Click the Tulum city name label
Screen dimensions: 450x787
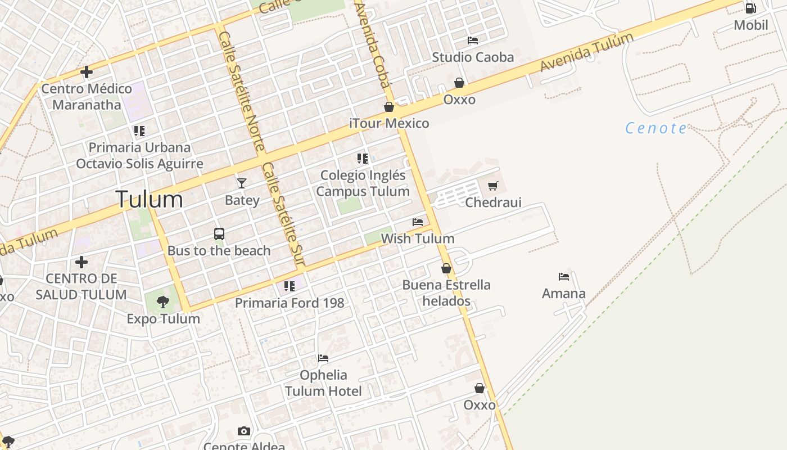(149, 200)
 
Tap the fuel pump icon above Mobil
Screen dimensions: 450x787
(750, 8)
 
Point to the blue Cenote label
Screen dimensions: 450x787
(656, 128)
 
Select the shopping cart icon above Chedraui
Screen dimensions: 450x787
(493, 186)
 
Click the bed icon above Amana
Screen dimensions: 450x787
(564, 276)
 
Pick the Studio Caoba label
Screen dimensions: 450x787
(473, 57)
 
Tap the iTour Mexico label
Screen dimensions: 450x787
(389, 123)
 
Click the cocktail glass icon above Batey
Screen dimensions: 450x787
(242, 183)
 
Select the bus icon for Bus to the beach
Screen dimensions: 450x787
(219, 234)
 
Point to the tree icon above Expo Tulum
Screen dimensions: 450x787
(163, 302)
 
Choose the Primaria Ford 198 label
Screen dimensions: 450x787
(290, 303)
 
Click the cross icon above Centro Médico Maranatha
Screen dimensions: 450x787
(87, 72)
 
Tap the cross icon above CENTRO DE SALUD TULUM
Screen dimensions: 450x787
(82, 262)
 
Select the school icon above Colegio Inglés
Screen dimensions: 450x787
(363, 159)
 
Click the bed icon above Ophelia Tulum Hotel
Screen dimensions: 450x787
(323, 358)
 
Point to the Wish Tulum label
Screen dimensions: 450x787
(418, 238)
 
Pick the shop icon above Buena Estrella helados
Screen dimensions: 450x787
(446, 268)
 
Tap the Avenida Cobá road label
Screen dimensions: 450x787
(373, 45)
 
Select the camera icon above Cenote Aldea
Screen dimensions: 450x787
(243, 431)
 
